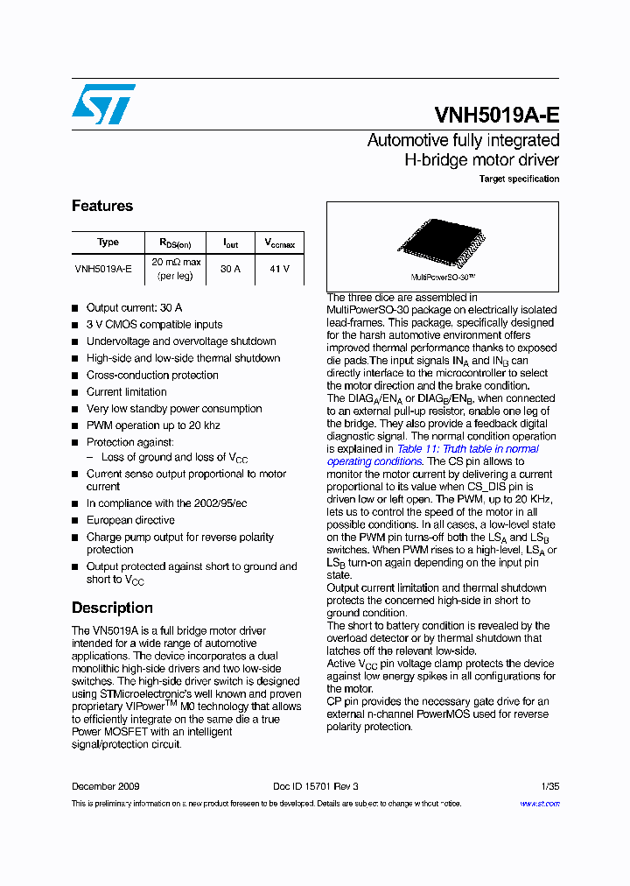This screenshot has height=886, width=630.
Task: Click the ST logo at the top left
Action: coord(103,104)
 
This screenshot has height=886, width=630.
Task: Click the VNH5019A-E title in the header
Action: coord(496,116)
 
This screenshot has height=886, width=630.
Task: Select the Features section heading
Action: coord(102,206)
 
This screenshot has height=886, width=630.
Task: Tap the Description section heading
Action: coord(112,608)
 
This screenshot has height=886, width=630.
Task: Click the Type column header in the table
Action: coord(108,243)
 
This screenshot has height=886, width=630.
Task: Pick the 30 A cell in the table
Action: coord(230,270)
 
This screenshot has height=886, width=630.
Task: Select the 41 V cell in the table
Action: coord(279,270)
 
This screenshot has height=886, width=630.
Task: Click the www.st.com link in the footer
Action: coord(539,804)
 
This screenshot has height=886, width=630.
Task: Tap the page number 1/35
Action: coord(549,786)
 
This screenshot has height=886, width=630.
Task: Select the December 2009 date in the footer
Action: coord(105,786)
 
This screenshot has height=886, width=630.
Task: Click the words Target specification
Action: coord(519,179)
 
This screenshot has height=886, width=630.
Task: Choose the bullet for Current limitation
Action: coord(126,392)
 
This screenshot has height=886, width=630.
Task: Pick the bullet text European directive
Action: coord(130,520)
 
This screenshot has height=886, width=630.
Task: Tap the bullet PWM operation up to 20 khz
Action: coord(153,425)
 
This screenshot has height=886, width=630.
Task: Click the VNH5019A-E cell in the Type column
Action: coord(103,270)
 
